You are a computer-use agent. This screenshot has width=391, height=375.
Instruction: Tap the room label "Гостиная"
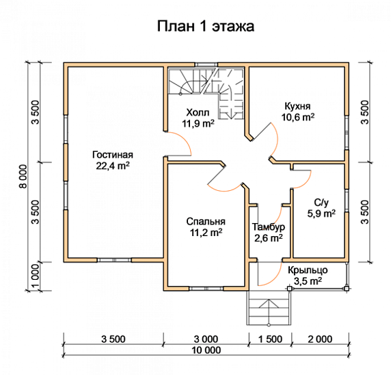114,154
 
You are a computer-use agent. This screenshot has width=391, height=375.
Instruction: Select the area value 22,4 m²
114,165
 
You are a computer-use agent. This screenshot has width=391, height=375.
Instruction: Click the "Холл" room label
198,113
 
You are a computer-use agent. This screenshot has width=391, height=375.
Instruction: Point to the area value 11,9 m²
198,124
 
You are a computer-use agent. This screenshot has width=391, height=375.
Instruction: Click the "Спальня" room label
206,222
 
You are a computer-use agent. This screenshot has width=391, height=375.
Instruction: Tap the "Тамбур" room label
268,227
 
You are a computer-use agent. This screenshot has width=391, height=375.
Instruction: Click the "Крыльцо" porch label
306,270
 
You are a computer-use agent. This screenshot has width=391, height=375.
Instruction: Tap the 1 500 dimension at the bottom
271,338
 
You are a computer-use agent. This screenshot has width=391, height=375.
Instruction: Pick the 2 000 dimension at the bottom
319,338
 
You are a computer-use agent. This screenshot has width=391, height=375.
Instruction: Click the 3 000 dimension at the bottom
206,338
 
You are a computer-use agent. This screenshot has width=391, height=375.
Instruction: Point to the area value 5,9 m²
320,214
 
